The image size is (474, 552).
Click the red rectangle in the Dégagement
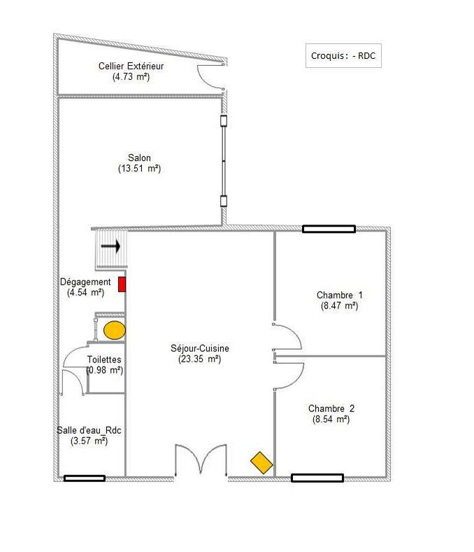pos(122,284)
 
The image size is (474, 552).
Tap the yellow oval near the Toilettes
pos(115,330)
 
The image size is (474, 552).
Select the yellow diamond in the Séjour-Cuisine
pos(261,462)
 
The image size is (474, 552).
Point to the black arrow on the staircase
pos(110,246)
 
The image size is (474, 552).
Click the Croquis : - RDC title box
pos(343,56)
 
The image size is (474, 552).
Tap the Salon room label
pos(139,157)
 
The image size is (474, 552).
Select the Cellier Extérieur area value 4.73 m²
pos(131,76)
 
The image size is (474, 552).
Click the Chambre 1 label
pos(339,295)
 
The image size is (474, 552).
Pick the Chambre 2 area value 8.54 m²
pos(331,419)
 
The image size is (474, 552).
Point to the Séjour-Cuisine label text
pos(200,348)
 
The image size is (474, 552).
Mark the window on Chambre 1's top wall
pos(329,229)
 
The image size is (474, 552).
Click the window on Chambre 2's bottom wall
pos(317,478)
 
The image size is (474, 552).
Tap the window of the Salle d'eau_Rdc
pos(85,478)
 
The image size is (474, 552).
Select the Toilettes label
pos(104,360)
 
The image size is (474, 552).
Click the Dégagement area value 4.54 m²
pos(85,292)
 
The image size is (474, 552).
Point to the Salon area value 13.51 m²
pos(139,169)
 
